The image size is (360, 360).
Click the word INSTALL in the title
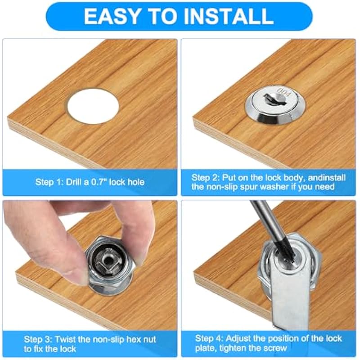click(x=229, y=16)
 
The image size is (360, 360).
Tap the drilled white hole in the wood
click(x=93, y=106)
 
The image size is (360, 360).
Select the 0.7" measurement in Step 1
click(x=99, y=182)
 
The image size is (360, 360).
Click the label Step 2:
click(x=206, y=178)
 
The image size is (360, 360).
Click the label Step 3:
click(x=38, y=339)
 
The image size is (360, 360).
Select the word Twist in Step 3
click(x=65, y=339)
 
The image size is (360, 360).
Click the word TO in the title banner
click(x=162, y=16)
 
